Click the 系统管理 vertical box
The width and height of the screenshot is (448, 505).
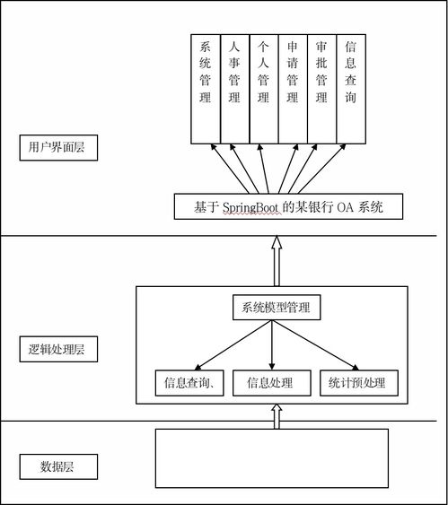206,89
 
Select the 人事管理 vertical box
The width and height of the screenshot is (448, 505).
234,89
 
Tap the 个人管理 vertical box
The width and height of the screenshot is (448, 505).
264,89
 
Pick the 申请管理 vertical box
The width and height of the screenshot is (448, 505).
293,89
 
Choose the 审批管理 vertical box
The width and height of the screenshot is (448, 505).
321,89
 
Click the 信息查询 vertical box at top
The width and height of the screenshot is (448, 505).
351,89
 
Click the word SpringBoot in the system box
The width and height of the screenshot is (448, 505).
250,207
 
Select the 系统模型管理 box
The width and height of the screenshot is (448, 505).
277,308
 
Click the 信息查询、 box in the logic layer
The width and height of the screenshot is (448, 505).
189,383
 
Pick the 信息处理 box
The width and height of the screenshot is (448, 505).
272,383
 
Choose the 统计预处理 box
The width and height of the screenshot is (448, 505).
359,383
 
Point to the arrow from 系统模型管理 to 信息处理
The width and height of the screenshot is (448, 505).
272,345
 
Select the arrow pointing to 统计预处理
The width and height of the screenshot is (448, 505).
316,345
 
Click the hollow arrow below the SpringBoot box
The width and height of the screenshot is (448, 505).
277,261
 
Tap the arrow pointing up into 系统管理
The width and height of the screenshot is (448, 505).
230,169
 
